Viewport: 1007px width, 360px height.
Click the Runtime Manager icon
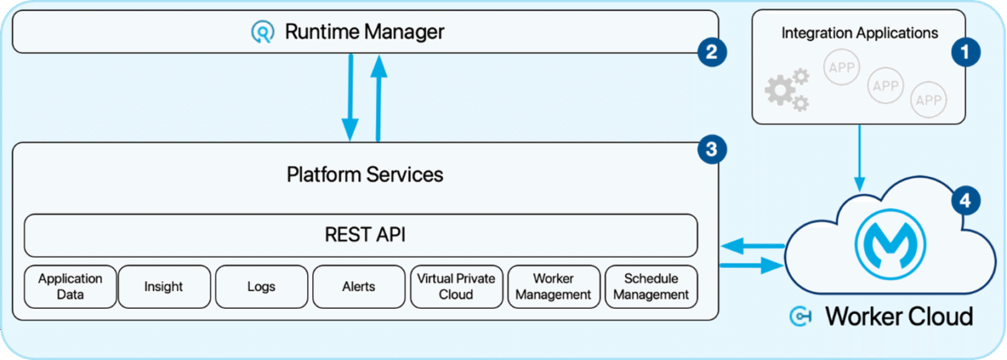pyautogui.click(x=263, y=32)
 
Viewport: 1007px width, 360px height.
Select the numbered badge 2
pyautogui.click(x=710, y=53)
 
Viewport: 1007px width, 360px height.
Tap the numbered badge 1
pyautogui.click(x=964, y=53)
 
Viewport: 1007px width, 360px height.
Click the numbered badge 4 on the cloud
pyautogui.click(x=965, y=201)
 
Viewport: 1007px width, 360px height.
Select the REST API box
pyautogui.click(x=361, y=235)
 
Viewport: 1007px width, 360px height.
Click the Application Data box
pyautogui.click(x=70, y=287)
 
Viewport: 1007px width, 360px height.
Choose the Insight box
pyautogui.click(x=163, y=287)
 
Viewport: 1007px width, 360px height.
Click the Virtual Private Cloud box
pyautogui.click(x=456, y=287)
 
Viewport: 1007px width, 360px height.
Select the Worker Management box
pyautogui.click(x=554, y=287)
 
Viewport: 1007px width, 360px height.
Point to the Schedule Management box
pyautogui.click(x=651, y=287)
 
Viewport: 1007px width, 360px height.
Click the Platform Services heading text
pyautogui.click(x=365, y=175)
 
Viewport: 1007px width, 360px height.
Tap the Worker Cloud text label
pyautogui.click(x=898, y=316)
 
